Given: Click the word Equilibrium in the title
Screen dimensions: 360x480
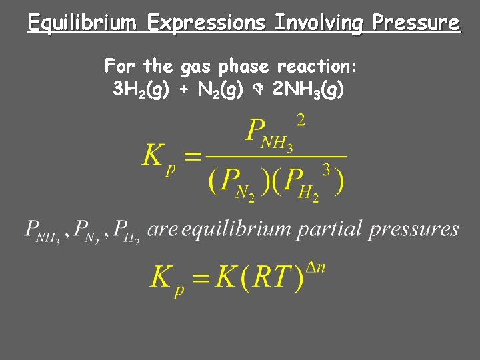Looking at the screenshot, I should coord(82,24).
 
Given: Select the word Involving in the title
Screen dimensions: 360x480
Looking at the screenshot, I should coord(319,24).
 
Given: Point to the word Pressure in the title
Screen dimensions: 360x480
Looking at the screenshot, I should coord(416,24).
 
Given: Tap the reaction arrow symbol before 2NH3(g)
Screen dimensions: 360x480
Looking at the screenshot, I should coord(262,89).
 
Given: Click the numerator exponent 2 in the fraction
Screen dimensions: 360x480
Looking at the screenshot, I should coord(301,120).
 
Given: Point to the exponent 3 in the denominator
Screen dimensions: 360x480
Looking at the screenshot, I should coord(327,169).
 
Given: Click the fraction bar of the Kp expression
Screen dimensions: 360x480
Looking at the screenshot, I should coord(276,157).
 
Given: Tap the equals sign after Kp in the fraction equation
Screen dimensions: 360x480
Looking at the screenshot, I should coord(191,157).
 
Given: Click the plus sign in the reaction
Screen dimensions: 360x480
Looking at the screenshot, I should coord(185,89).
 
